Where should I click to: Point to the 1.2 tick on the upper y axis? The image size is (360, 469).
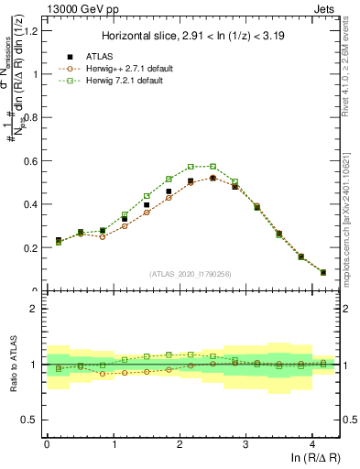tap(34, 31)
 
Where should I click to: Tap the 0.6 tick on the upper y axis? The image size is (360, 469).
tap(34, 161)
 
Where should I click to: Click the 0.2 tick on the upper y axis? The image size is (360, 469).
tap(34, 247)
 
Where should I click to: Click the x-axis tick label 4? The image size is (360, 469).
tap(312, 444)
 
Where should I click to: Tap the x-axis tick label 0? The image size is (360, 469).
tap(47, 444)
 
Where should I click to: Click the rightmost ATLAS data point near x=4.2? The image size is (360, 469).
tap(322, 272)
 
